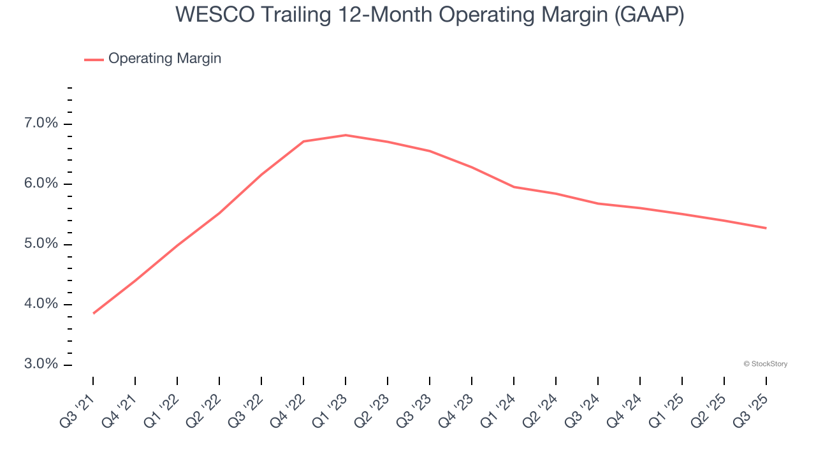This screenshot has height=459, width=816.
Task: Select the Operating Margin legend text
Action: coord(164,59)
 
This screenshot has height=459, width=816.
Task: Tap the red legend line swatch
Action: coord(94,59)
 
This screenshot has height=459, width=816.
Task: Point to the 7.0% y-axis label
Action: coord(41,124)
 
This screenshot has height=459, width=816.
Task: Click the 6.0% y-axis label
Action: coord(41,184)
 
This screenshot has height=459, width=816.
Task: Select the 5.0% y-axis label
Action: coord(41,244)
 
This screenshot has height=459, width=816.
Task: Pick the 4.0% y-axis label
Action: coord(41,304)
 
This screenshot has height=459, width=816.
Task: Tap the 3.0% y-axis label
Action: coord(41,365)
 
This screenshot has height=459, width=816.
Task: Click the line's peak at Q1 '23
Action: coord(346,135)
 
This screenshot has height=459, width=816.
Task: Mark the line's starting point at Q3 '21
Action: coord(94,313)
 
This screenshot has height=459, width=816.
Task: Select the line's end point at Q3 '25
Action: coord(766,228)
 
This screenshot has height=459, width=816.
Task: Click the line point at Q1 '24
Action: coord(514,187)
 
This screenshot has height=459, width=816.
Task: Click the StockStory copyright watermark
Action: coord(765,364)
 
